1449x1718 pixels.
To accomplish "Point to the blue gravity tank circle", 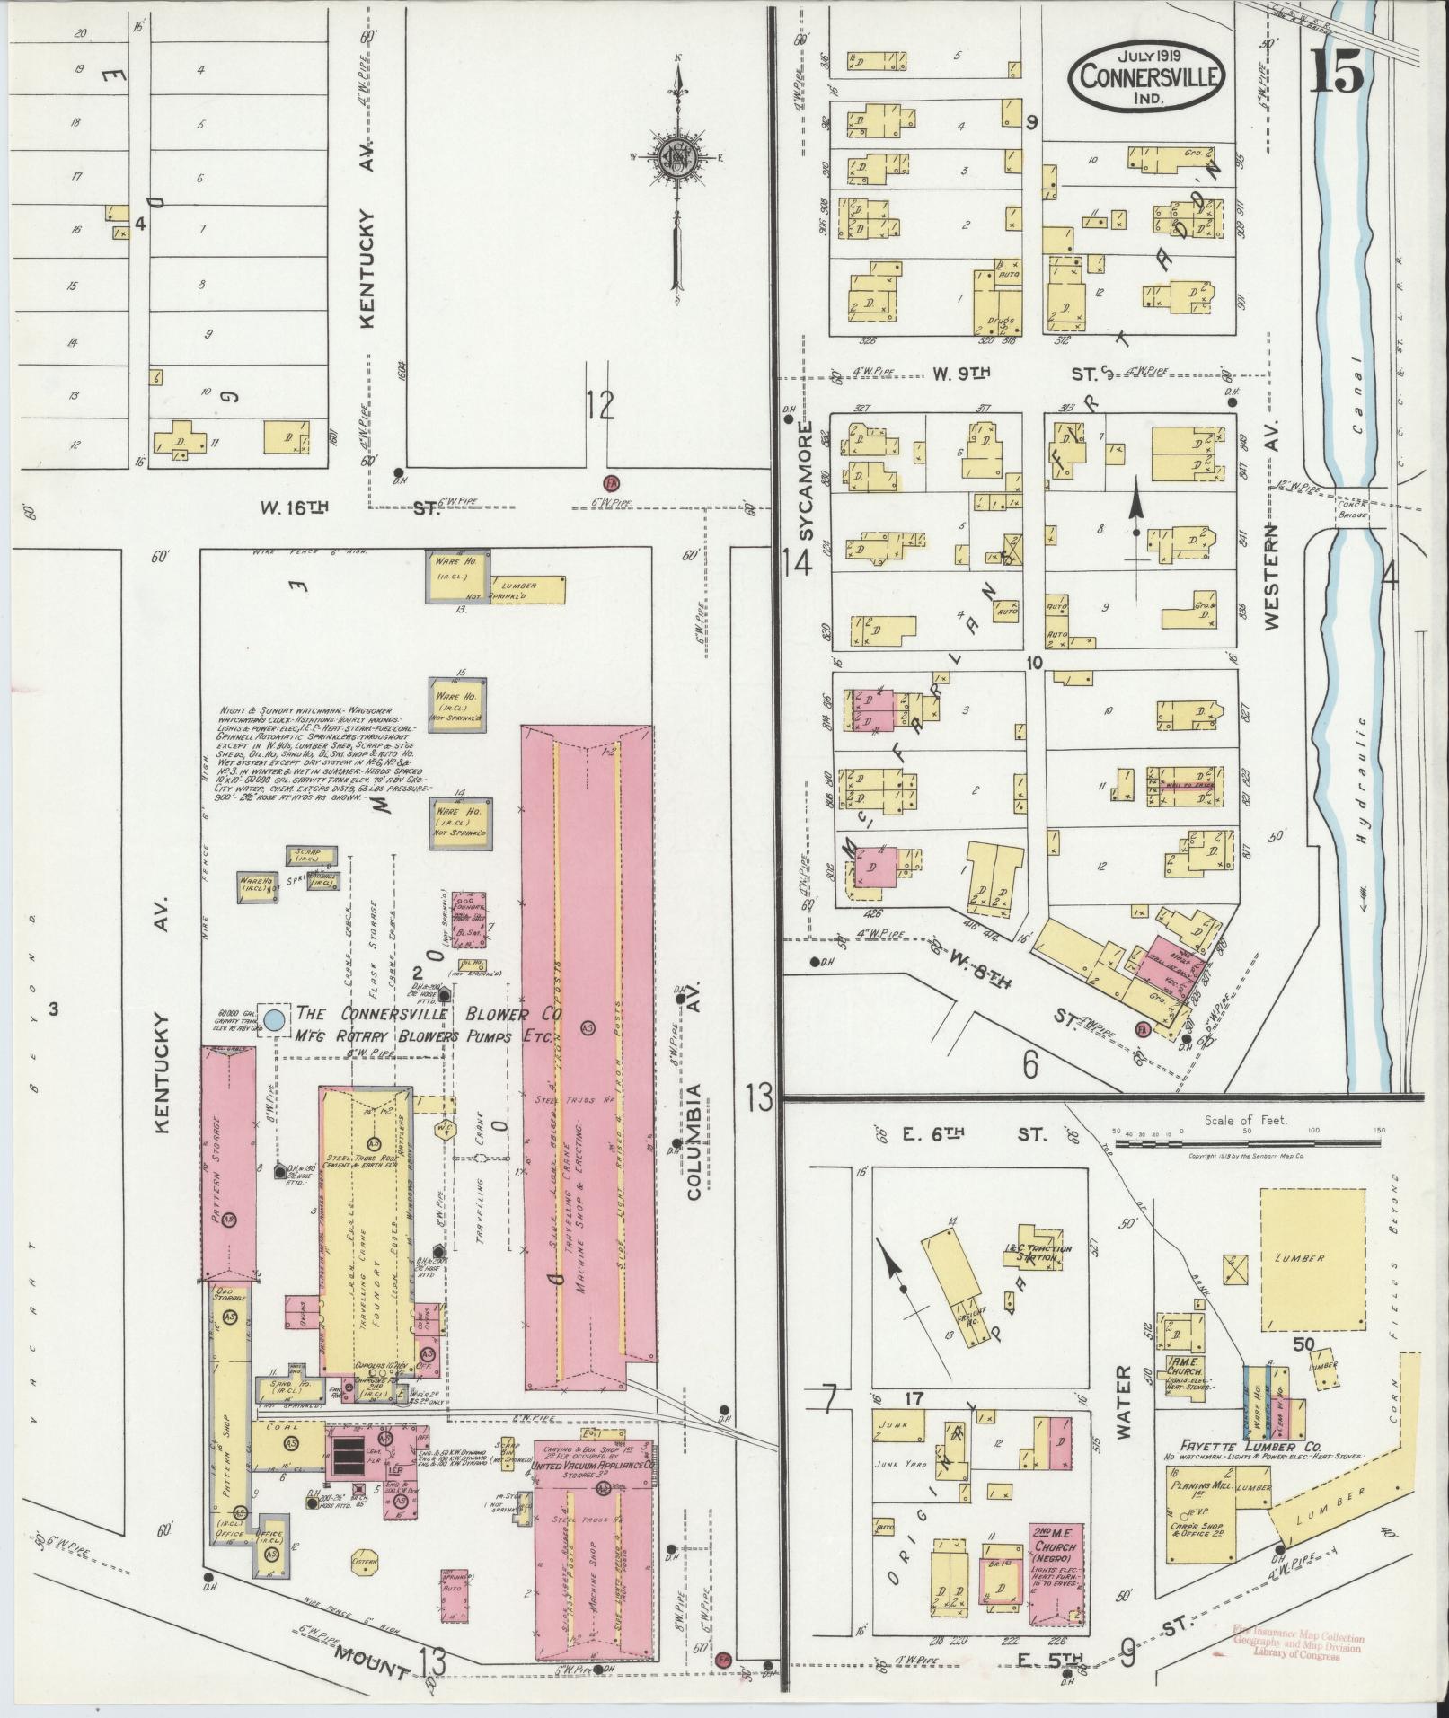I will (275, 1019).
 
